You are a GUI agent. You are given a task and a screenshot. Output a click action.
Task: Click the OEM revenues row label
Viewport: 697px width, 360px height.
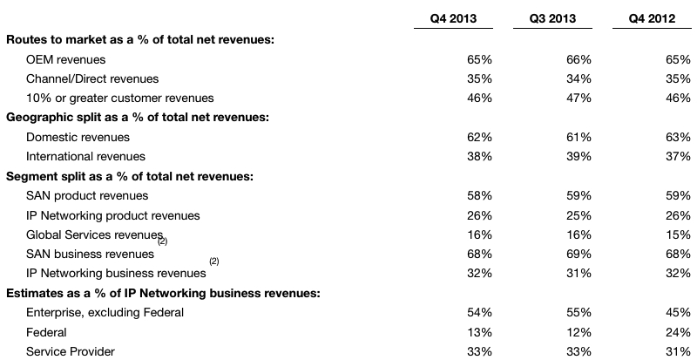coord(66,59)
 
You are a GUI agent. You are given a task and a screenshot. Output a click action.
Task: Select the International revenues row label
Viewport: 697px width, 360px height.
coord(85,157)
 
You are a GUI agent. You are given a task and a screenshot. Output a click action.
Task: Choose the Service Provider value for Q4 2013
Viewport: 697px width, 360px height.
coord(480,351)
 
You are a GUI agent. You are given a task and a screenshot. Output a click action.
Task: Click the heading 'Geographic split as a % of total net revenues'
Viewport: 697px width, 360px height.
coord(137,118)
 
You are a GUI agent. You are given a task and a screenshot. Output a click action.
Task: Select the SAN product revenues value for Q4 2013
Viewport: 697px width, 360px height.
coord(480,195)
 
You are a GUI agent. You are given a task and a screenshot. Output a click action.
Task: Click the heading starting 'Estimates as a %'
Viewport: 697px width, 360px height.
coord(163,293)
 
